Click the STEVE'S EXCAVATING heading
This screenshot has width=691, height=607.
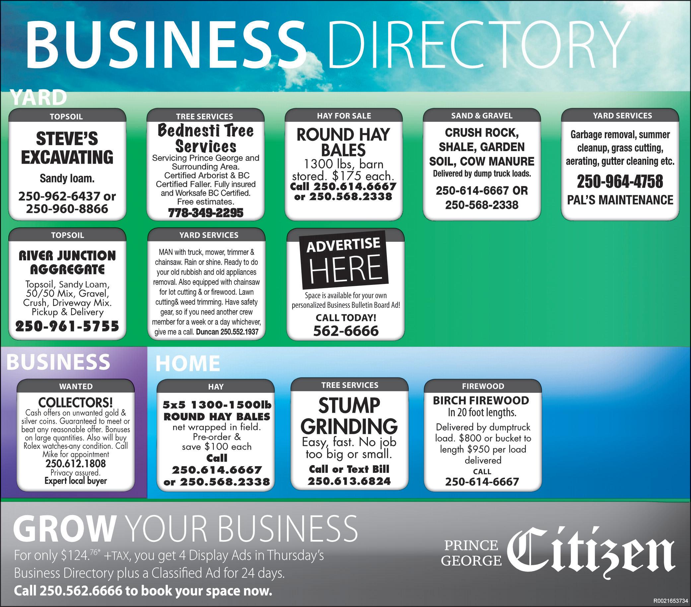coord(67,148)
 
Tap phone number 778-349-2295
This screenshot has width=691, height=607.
coord(206,213)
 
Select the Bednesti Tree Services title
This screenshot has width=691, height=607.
coord(206,138)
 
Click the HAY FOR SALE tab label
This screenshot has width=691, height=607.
coord(344,116)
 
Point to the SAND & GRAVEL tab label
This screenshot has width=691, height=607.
coord(482,116)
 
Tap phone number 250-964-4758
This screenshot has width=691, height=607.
coord(620,181)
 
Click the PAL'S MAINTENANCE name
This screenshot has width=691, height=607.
coord(620,200)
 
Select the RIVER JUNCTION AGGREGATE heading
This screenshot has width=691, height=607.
coord(67,263)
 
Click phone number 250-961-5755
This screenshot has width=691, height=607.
coord(67,326)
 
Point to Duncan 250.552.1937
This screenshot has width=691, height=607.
coord(227,332)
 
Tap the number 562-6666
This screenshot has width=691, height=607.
coord(346,331)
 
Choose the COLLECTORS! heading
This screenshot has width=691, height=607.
coord(75,403)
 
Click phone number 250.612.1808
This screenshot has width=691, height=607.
coord(75,463)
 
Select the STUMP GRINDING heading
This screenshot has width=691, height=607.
coord(349,416)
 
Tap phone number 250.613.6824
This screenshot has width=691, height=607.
coord(349,481)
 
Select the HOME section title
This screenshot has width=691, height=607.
coord(188,363)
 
